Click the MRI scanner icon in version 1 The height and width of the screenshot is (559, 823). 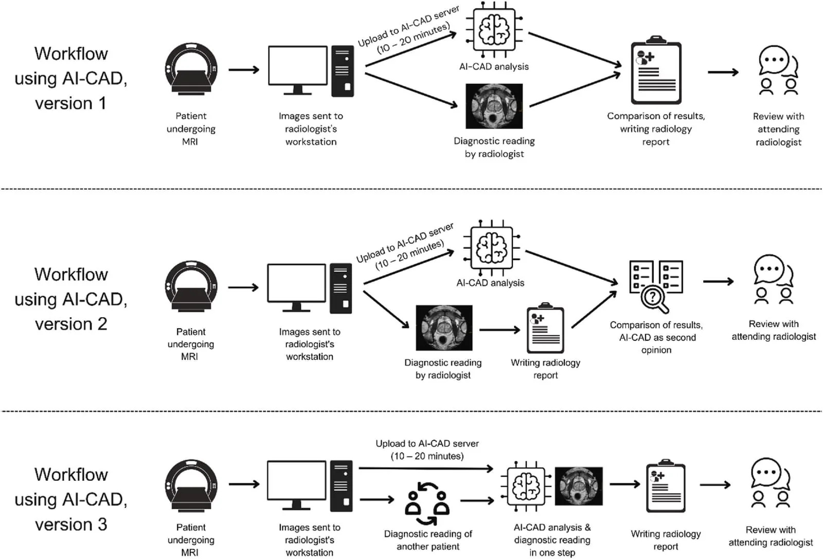[191, 69]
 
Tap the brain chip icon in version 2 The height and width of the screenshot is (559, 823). [492, 248]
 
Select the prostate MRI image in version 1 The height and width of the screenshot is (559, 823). [494, 106]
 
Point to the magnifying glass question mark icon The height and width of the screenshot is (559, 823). [656, 286]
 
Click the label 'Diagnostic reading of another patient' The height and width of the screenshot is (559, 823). [428, 540]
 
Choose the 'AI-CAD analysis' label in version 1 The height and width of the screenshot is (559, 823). [494, 66]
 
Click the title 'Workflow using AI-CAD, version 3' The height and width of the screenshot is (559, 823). [71, 499]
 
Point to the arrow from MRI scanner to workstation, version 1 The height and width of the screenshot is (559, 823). [244, 69]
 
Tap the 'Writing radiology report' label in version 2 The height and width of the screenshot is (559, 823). [545, 369]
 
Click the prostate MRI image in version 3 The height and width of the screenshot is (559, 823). [579, 486]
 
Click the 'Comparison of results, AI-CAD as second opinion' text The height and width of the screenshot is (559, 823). [656, 337]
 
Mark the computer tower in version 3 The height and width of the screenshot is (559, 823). [341, 486]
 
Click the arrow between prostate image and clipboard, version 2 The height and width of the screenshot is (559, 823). [499, 330]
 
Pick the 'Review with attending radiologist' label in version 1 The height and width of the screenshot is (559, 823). [778, 129]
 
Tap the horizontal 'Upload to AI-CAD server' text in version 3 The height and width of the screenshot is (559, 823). [427, 449]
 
